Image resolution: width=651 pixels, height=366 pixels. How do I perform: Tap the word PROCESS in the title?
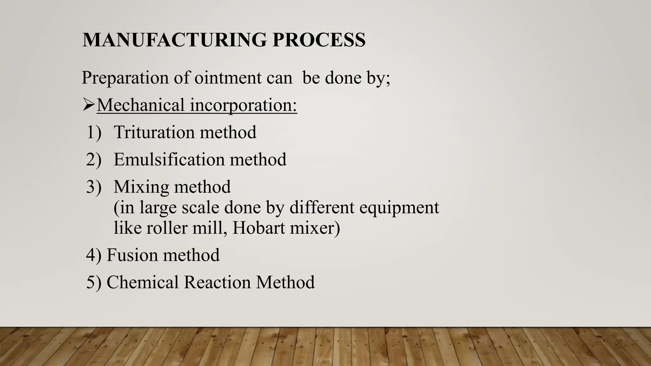(x=319, y=40)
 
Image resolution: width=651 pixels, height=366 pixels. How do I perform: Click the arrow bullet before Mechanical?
(x=88, y=105)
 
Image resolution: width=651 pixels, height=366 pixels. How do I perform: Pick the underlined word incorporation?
(x=243, y=105)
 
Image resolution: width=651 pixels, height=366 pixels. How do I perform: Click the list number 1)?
(x=94, y=132)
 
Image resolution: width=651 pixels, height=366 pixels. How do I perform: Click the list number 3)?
(x=94, y=187)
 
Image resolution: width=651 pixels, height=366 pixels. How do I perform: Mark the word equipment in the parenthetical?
(x=399, y=208)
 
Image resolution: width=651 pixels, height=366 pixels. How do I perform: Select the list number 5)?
(x=94, y=282)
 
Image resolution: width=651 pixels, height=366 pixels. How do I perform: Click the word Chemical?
(x=143, y=282)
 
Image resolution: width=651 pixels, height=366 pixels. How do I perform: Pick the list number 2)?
(x=94, y=159)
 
